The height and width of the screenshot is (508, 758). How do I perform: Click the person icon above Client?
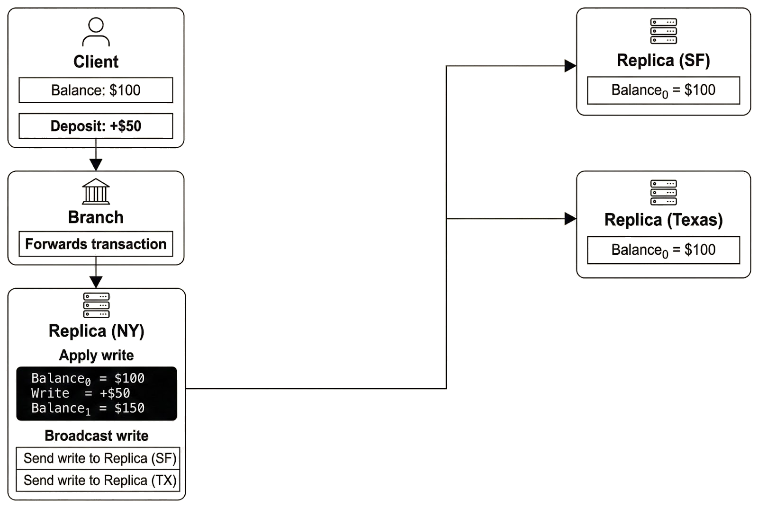coord(96,32)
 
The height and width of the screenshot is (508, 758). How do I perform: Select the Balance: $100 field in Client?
coord(96,90)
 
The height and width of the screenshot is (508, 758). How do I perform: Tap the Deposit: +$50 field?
coord(96,126)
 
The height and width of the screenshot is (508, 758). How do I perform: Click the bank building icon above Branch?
coord(96,192)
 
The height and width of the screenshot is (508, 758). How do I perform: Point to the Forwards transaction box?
coord(96,244)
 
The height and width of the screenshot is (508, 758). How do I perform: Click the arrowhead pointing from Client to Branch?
coord(96,164)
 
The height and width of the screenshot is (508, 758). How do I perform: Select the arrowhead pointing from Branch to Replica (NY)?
coord(96,282)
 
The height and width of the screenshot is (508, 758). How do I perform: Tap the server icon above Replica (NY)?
coord(96,305)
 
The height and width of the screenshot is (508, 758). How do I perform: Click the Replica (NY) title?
coord(96,330)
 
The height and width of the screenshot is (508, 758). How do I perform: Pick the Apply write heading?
coord(96,355)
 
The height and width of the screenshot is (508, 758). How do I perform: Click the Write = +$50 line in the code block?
coord(81,393)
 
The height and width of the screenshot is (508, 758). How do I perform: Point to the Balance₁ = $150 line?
coord(88,408)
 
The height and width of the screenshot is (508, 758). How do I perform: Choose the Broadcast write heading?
coord(96,436)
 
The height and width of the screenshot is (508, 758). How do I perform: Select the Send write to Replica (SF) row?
coord(99,458)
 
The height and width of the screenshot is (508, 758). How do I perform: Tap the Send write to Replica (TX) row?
coord(99,481)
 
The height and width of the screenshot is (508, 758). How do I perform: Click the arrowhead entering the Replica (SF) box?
coord(570,66)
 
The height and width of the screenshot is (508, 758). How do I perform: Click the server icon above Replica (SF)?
coord(663,31)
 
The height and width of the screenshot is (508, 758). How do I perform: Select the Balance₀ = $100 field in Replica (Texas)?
coord(663,250)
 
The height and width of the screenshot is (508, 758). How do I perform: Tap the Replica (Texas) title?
coord(663,220)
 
